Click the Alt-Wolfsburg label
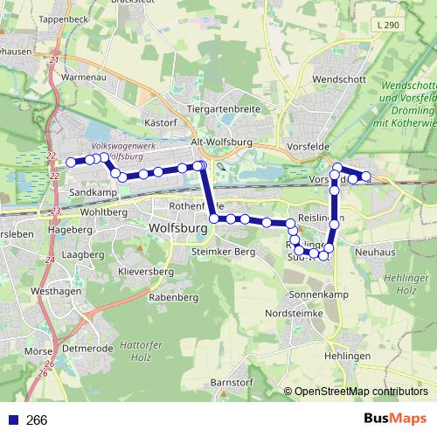click(221, 141)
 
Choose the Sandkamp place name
click(93, 191)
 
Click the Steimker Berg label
click(223, 252)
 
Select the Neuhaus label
click(377, 252)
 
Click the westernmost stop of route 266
click(71, 162)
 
